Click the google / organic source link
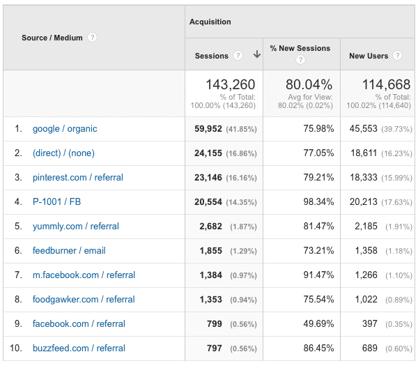pos(65,129)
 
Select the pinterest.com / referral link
pos(78,178)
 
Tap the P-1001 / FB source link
pos(56,202)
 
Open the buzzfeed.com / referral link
pos(79,348)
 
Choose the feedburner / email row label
pos(69,251)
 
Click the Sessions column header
pos(212,56)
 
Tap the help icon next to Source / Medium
pos(92,38)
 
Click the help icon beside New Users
pos(396,56)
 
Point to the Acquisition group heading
pos(210,22)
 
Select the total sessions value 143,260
pos(231,85)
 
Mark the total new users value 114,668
pos(386,85)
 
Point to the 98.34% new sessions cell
pos(316,202)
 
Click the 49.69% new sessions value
pos(316,324)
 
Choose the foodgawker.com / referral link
pos(84,300)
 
